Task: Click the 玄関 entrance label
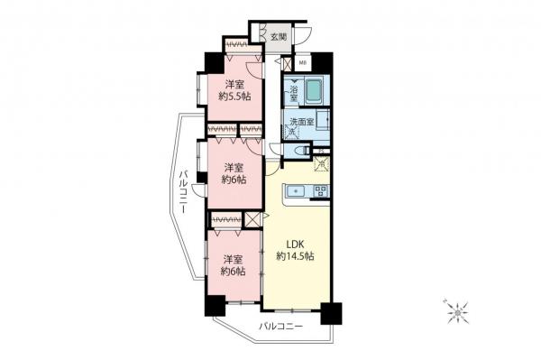tap(279, 37)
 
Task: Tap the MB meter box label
tap(304, 64)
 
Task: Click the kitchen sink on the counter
tap(297, 190)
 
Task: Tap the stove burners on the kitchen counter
tap(320, 190)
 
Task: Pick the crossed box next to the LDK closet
tap(252, 219)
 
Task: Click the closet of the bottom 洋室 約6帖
tap(225, 219)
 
